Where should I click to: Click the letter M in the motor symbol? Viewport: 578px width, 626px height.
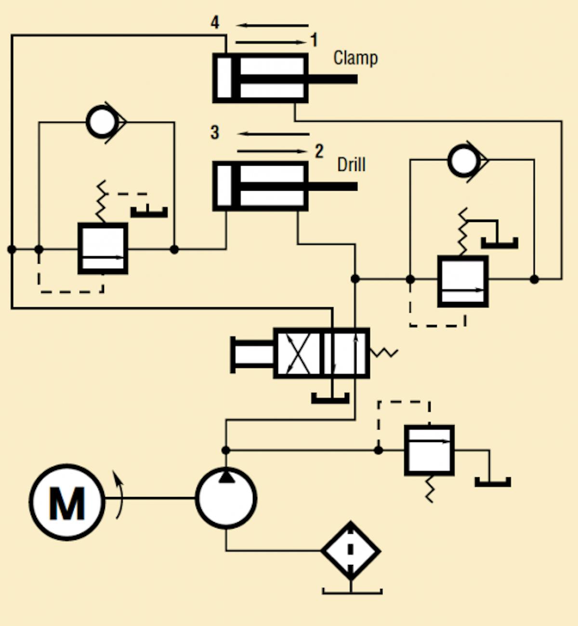[x=67, y=503]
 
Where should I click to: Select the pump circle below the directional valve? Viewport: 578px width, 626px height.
[x=226, y=498]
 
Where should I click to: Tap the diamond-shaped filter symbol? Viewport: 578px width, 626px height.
[x=351, y=550]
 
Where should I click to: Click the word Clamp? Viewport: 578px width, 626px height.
[x=355, y=58]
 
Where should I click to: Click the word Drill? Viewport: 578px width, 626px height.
[x=351, y=165]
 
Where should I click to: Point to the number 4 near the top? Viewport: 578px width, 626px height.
[x=215, y=22]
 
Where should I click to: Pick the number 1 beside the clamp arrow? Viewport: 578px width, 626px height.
[x=314, y=40]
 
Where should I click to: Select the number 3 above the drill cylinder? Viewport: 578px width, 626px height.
[x=215, y=132]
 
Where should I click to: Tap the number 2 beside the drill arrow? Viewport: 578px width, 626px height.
[x=319, y=151]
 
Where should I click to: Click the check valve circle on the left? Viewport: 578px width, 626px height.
[x=102, y=122]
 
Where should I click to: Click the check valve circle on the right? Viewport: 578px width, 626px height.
[x=463, y=160]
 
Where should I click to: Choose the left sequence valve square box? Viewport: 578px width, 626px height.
[x=103, y=248]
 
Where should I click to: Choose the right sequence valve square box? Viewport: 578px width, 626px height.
[x=462, y=281]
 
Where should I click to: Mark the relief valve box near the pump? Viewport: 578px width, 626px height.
[x=429, y=450]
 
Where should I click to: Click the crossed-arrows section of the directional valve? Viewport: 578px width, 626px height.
[x=298, y=353]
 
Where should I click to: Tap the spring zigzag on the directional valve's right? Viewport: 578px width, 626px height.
[x=384, y=353]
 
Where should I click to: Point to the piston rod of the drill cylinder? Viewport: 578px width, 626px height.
[x=332, y=186]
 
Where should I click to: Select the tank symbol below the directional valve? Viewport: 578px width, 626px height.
[x=330, y=398]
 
